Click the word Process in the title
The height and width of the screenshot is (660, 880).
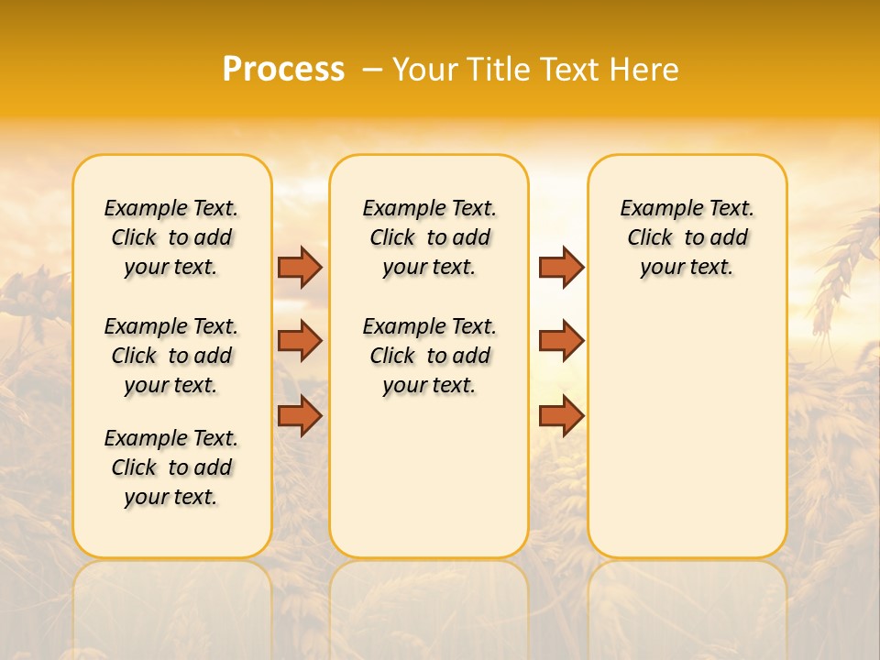click(x=283, y=70)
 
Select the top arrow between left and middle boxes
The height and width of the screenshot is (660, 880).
click(x=300, y=267)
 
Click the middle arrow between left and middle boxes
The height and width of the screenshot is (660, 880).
click(x=300, y=341)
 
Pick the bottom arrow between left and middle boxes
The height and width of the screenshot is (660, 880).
click(x=300, y=415)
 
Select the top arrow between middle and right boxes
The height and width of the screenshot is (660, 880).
click(x=561, y=267)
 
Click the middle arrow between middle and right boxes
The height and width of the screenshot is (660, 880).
click(x=561, y=341)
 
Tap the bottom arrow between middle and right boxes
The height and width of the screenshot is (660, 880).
click(x=561, y=415)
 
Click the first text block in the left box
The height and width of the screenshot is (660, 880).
click(x=171, y=237)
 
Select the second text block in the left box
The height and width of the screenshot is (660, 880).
click(x=171, y=356)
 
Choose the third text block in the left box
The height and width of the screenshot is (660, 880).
click(x=171, y=467)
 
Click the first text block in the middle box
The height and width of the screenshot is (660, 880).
click(x=429, y=237)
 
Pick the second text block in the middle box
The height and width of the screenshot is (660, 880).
click(x=429, y=356)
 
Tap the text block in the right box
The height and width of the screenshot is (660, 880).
click(x=687, y=237)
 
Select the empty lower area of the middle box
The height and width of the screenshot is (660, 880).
click(x=429, y=477)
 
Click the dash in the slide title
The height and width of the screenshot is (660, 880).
click(x=371, y=70)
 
